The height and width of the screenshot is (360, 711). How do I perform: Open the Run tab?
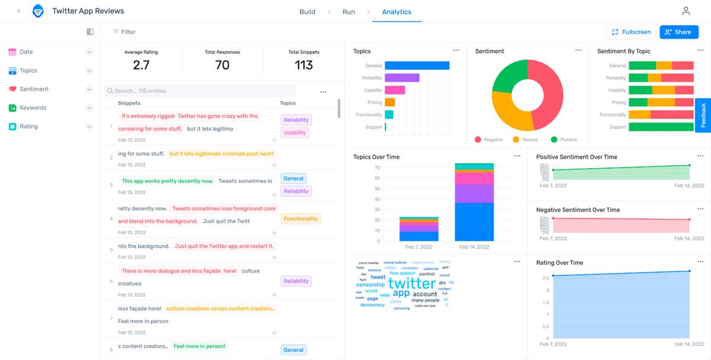coord(348,12)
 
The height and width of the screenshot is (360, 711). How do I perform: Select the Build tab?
coord(307,12)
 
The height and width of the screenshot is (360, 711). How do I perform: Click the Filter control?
coord(124,32)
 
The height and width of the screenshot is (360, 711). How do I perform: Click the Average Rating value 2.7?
coord(141,65)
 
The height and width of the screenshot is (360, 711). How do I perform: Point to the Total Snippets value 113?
coord(303,65)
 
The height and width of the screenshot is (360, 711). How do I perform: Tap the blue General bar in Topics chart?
coord(417,66)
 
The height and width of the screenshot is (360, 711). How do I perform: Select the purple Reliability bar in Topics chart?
coord(402,78)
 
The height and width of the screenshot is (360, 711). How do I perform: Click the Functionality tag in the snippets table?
coord(300,218)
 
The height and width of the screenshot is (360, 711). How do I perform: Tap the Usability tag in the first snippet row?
coord(294,133)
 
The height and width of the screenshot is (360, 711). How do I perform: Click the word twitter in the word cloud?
coord(412,283)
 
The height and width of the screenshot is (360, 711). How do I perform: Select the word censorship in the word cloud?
coord(370,285)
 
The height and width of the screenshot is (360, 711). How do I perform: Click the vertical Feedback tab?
coord(703,115)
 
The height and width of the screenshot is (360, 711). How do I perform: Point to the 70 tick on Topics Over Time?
coord(377,168)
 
